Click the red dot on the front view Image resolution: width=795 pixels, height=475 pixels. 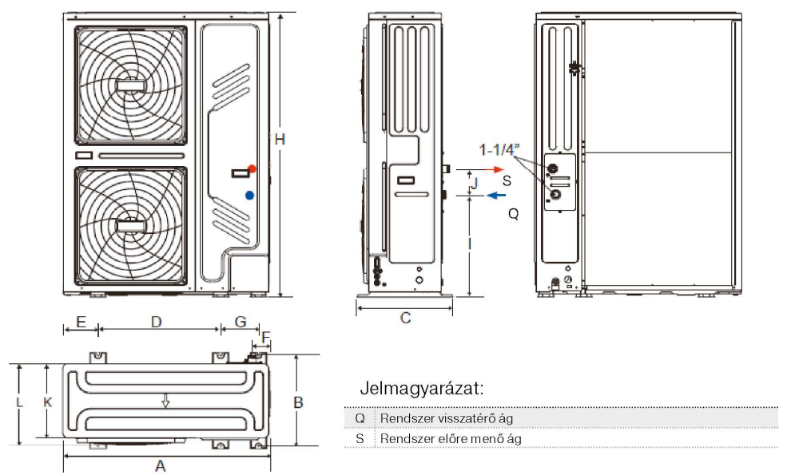click(252, 169)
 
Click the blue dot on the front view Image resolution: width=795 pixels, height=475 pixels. click(251, 194)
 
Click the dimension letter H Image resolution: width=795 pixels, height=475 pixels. click(280, 139)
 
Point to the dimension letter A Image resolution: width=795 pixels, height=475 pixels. click(160, 466)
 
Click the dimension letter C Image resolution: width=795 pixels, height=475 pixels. click(405, 318)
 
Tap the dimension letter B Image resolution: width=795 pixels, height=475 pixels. click(298, 402)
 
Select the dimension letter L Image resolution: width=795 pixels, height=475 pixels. click(18, 402)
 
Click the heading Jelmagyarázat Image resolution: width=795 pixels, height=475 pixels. click(422, 390)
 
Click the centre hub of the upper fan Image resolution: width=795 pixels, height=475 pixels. click(130, 84)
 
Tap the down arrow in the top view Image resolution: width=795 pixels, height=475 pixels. click(165, 400)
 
